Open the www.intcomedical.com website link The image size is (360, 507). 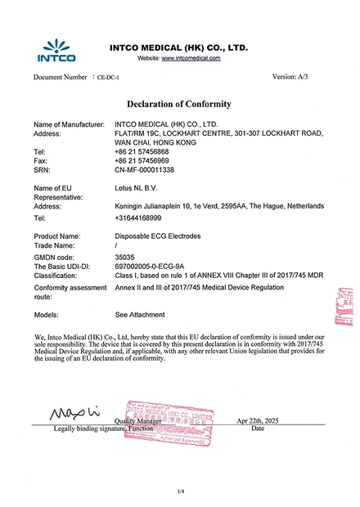click(191, 59)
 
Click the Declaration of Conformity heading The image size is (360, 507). click(179, 104)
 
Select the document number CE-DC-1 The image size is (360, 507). click(108, 77)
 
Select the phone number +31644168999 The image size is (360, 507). click(138, 218)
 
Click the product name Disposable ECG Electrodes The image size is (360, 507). click(159, 236)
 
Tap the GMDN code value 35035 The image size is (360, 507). click(125, 256)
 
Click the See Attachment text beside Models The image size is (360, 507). click(140, 314)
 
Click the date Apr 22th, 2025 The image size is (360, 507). click(258, 420)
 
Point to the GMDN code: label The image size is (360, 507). click(55, 256)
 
